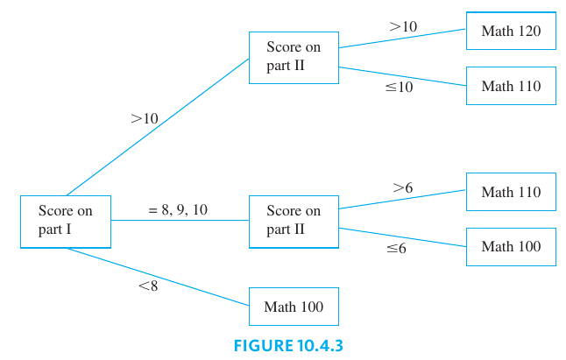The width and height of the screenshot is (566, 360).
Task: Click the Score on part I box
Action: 66,221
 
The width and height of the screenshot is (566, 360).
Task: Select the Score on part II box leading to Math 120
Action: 294,57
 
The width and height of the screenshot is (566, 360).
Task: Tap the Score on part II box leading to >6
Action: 294,221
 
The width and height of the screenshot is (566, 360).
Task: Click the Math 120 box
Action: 511,32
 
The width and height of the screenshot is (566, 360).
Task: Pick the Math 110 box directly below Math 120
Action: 511,86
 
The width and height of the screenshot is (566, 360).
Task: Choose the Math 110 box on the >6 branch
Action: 511,192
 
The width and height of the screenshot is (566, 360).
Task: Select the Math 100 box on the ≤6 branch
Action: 511,246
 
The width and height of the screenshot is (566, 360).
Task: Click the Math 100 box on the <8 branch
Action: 294,307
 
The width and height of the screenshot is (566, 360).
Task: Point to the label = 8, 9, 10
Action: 179,209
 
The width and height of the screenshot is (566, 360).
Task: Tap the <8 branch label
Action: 148,286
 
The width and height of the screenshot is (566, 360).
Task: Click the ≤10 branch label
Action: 399,87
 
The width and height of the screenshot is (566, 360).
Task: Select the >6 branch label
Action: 402,187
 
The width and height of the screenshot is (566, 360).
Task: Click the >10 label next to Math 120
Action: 403,27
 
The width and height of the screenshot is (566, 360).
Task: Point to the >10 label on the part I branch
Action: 144,117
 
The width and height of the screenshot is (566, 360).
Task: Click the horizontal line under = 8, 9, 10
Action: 180,221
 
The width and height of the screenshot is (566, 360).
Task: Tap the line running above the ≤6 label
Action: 402,237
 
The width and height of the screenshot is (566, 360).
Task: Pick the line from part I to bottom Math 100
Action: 158,276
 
